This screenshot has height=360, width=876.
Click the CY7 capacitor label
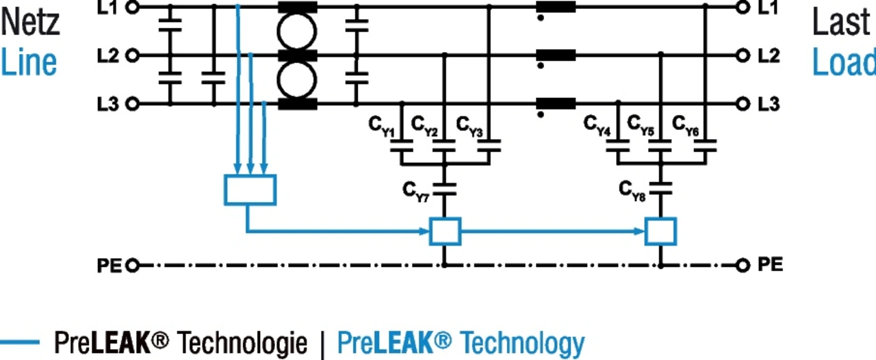coord(415,192)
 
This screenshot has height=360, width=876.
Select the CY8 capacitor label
coord(632,191)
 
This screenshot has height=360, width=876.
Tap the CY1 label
coord(382,127)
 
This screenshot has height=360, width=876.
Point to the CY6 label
coord(686,126)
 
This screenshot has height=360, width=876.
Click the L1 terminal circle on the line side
coord(133,7)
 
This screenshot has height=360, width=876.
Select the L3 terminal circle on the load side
coord(743,104)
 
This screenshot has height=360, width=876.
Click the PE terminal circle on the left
coord(133,266)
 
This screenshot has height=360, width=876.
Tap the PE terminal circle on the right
coord(743,266)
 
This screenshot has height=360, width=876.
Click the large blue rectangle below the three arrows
coord(224,190)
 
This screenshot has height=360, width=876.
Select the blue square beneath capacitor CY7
coord(430,231)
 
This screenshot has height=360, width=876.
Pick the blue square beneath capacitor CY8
coord(645,231)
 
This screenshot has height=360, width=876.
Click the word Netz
coord(31,23)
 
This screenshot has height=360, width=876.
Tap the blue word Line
coord(29,62)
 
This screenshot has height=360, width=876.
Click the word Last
coord(841,23)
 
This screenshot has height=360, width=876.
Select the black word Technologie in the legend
coord(242,343)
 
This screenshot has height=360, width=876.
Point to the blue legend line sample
coord(20,342)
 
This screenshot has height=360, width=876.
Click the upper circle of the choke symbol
coord(278,31)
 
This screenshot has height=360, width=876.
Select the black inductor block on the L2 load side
coord(556,55)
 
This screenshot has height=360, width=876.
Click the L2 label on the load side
coord(769,56)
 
